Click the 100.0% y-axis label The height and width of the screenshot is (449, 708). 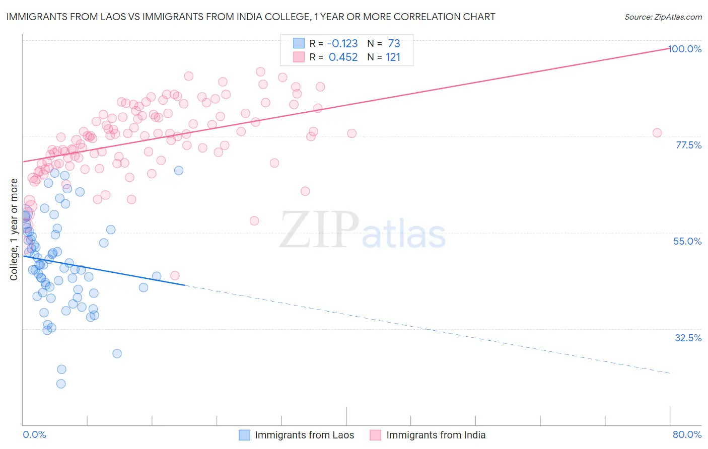(x=685, y=49)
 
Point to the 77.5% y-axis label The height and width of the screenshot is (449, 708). (x=688, y=145)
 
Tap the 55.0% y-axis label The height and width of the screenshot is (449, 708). (x=687, y=241)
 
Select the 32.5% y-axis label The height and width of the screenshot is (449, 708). (x=688, y=338)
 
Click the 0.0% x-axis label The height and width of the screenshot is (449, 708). (x=34, y=434)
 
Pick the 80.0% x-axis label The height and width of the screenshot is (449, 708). (x=687, y=434)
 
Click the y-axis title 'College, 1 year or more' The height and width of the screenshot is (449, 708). (x=14, y=230)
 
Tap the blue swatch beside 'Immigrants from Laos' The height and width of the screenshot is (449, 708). (x=245, y=435)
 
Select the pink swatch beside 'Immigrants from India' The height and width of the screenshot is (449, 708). (x=376, y=435)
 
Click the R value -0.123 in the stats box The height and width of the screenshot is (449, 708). (x=343, y=43)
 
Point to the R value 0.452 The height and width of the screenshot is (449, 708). (x=343, y=57)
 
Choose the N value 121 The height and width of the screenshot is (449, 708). (x=393, y=57)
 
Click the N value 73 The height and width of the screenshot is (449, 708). (x=394, y=43)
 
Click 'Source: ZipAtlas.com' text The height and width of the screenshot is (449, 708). (x=663, y=17)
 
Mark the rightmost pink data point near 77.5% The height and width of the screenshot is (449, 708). (x=657, y=133)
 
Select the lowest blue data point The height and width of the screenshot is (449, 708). (x=61, y=384)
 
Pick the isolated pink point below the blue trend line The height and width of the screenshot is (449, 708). (x=175, y=275)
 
